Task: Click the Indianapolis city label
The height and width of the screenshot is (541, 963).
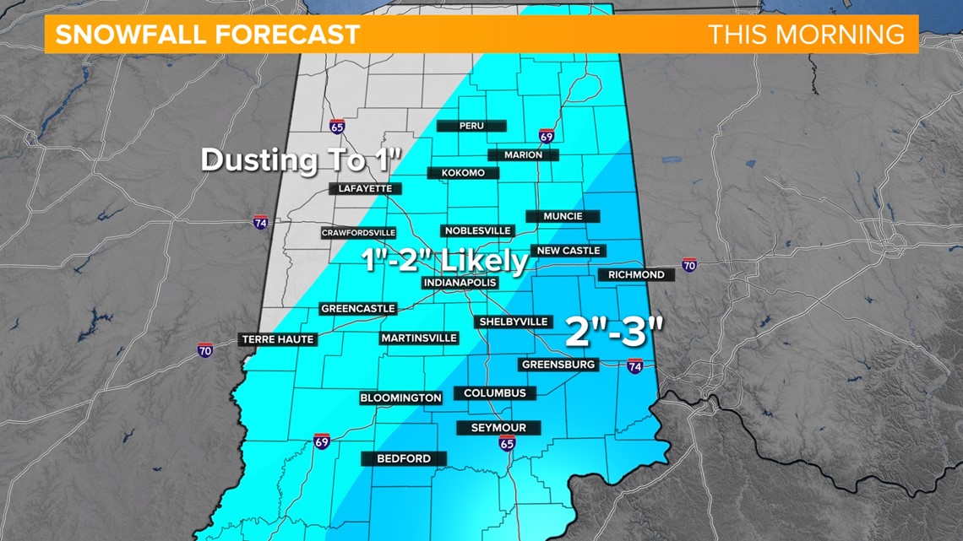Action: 460,283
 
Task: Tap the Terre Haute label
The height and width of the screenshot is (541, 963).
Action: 278,339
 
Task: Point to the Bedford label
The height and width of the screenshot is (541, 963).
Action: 403,459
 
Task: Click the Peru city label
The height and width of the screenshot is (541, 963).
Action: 471,126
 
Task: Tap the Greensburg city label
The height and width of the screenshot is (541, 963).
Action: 559,365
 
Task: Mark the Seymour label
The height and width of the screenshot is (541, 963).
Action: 498,428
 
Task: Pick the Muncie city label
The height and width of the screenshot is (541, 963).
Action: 563,216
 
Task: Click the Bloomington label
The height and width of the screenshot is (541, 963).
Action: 400,398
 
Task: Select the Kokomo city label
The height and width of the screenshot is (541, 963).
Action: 462,173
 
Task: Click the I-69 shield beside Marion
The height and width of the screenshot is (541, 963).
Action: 547,138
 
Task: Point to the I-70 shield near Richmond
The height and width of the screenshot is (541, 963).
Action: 690,265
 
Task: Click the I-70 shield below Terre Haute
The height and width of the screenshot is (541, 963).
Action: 205,349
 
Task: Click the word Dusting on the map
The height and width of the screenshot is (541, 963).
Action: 252,160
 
